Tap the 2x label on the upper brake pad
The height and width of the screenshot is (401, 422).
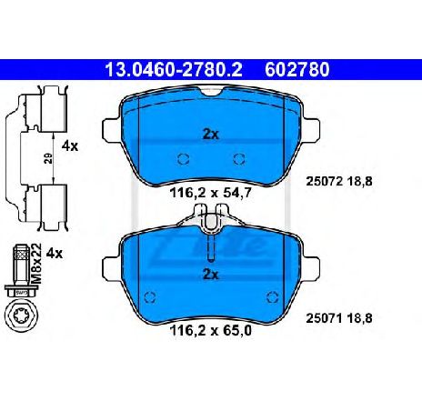pyautogui.click(x=211, y=133)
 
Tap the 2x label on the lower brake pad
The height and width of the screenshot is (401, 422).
pyautogui.click(x=211, y=273)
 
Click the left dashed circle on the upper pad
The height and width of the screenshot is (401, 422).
pyautogui.click(x=183, y=160)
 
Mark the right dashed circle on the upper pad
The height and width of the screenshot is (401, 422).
pyautogui.click(x=239, y=160)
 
